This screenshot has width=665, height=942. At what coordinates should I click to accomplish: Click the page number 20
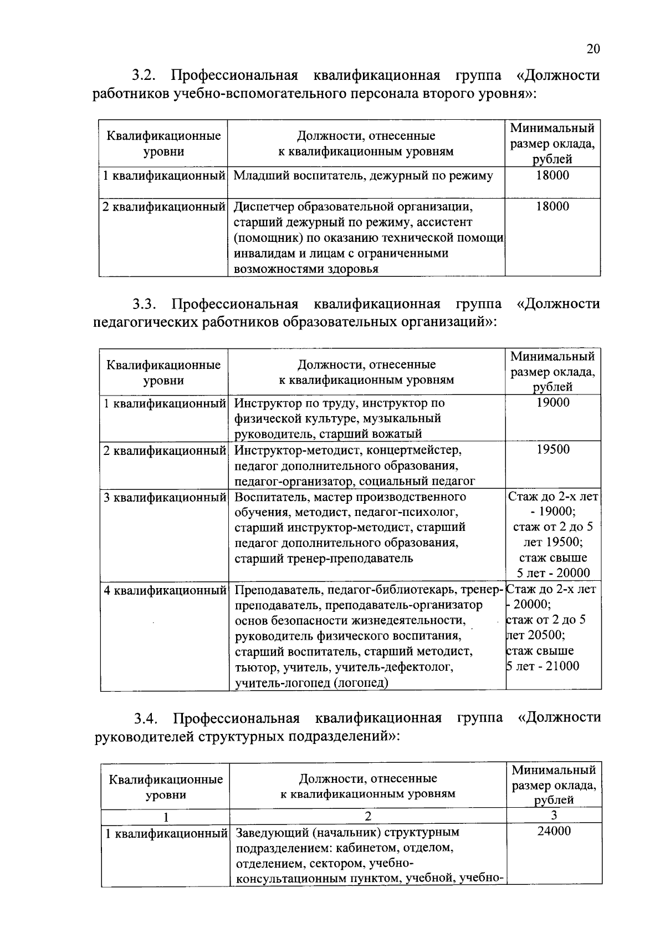click(x=592, y=49)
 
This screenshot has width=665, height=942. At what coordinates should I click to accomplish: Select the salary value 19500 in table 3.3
click(x=553, y=449)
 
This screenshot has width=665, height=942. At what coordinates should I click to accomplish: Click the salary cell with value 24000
click(x=554, y=831)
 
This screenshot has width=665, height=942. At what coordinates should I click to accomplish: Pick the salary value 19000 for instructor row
click(x=553, y=403)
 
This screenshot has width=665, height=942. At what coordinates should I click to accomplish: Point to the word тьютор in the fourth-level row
click(x=252, y=667)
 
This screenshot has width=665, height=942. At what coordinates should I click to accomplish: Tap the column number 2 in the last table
click(x=367, y=816)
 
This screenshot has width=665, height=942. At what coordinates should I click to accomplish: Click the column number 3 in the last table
click(x=554, y=815)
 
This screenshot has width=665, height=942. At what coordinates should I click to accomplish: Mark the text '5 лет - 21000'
click(x=543, y=666)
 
